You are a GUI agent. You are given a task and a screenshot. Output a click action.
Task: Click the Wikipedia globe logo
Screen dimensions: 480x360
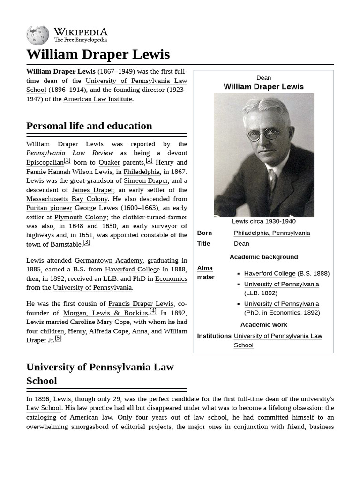coord(37,35)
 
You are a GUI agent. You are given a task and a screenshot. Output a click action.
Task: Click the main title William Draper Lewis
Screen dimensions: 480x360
coord(98,54)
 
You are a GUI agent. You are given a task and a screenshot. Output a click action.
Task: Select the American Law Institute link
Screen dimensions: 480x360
coord(97,99)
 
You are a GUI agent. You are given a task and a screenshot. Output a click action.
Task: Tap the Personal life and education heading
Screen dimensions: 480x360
coord(89,126)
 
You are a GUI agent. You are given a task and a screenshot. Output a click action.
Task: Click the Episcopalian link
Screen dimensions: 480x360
coord(45,162)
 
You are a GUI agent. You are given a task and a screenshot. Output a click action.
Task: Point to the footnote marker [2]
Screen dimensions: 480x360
coord(149,160)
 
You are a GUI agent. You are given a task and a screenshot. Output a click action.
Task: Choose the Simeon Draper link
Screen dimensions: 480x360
coord(145,180)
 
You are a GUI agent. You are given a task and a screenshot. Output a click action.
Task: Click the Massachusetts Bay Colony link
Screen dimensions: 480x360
coord(67,199)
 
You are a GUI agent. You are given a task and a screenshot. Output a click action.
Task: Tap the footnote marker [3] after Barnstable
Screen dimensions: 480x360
coord(86,242)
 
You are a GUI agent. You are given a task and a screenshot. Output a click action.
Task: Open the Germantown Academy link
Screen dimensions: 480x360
coord(109,260)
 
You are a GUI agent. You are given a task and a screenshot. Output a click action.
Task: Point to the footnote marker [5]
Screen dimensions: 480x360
coord(58,338)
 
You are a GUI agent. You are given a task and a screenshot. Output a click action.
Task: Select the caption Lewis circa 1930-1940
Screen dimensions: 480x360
coord(263,221)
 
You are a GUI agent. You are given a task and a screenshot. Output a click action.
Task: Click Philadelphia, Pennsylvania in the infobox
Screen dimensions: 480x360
coord(272,233)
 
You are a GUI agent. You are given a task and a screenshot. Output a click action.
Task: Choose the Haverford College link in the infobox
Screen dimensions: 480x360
coord(270,273)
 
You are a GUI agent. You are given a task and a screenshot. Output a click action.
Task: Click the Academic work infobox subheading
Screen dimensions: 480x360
coord(263,324)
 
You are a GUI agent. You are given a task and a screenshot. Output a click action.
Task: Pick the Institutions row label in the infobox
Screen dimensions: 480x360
coord(214,336)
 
